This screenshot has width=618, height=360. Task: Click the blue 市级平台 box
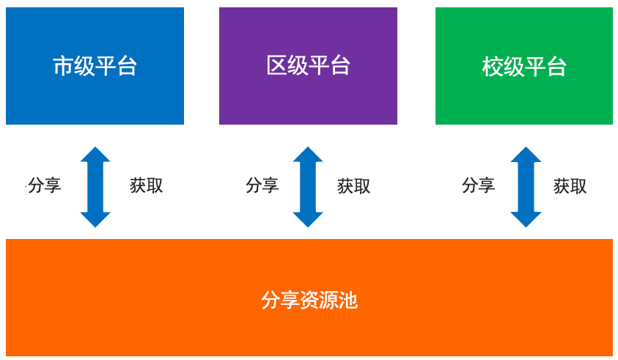tap(95, 66)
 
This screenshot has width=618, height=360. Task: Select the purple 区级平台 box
tap(308, 66)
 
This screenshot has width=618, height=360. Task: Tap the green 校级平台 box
tap(524, 66)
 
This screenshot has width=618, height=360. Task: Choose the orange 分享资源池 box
tap(309, 298)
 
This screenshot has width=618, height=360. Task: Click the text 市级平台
tap(95, 66)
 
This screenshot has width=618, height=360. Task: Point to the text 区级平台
tap(308, 65)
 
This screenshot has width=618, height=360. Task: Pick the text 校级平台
tap(524, 67)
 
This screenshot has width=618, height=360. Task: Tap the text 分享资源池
tap(309, 300)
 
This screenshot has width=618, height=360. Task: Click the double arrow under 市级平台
tap(95, 187)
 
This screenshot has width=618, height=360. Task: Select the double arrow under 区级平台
tap(308, 187)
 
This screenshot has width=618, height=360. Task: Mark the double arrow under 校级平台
tap(526, 187)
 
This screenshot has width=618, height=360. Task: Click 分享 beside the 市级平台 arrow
tap(45, 185)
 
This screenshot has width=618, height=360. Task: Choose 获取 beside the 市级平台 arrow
tap(147, 185)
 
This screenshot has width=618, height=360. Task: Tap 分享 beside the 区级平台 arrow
tap(262, 185)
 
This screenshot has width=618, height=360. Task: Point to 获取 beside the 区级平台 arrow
tap(354, 186)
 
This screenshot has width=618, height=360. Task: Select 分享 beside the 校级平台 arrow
tap(479, 185)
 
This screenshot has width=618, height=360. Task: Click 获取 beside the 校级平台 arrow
tap(570, 186)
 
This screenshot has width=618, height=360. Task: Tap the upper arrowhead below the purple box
tap(308, 155)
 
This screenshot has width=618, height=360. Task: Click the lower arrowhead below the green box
tap(526, 220)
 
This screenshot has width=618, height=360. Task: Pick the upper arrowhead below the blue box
tap(95, 155)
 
